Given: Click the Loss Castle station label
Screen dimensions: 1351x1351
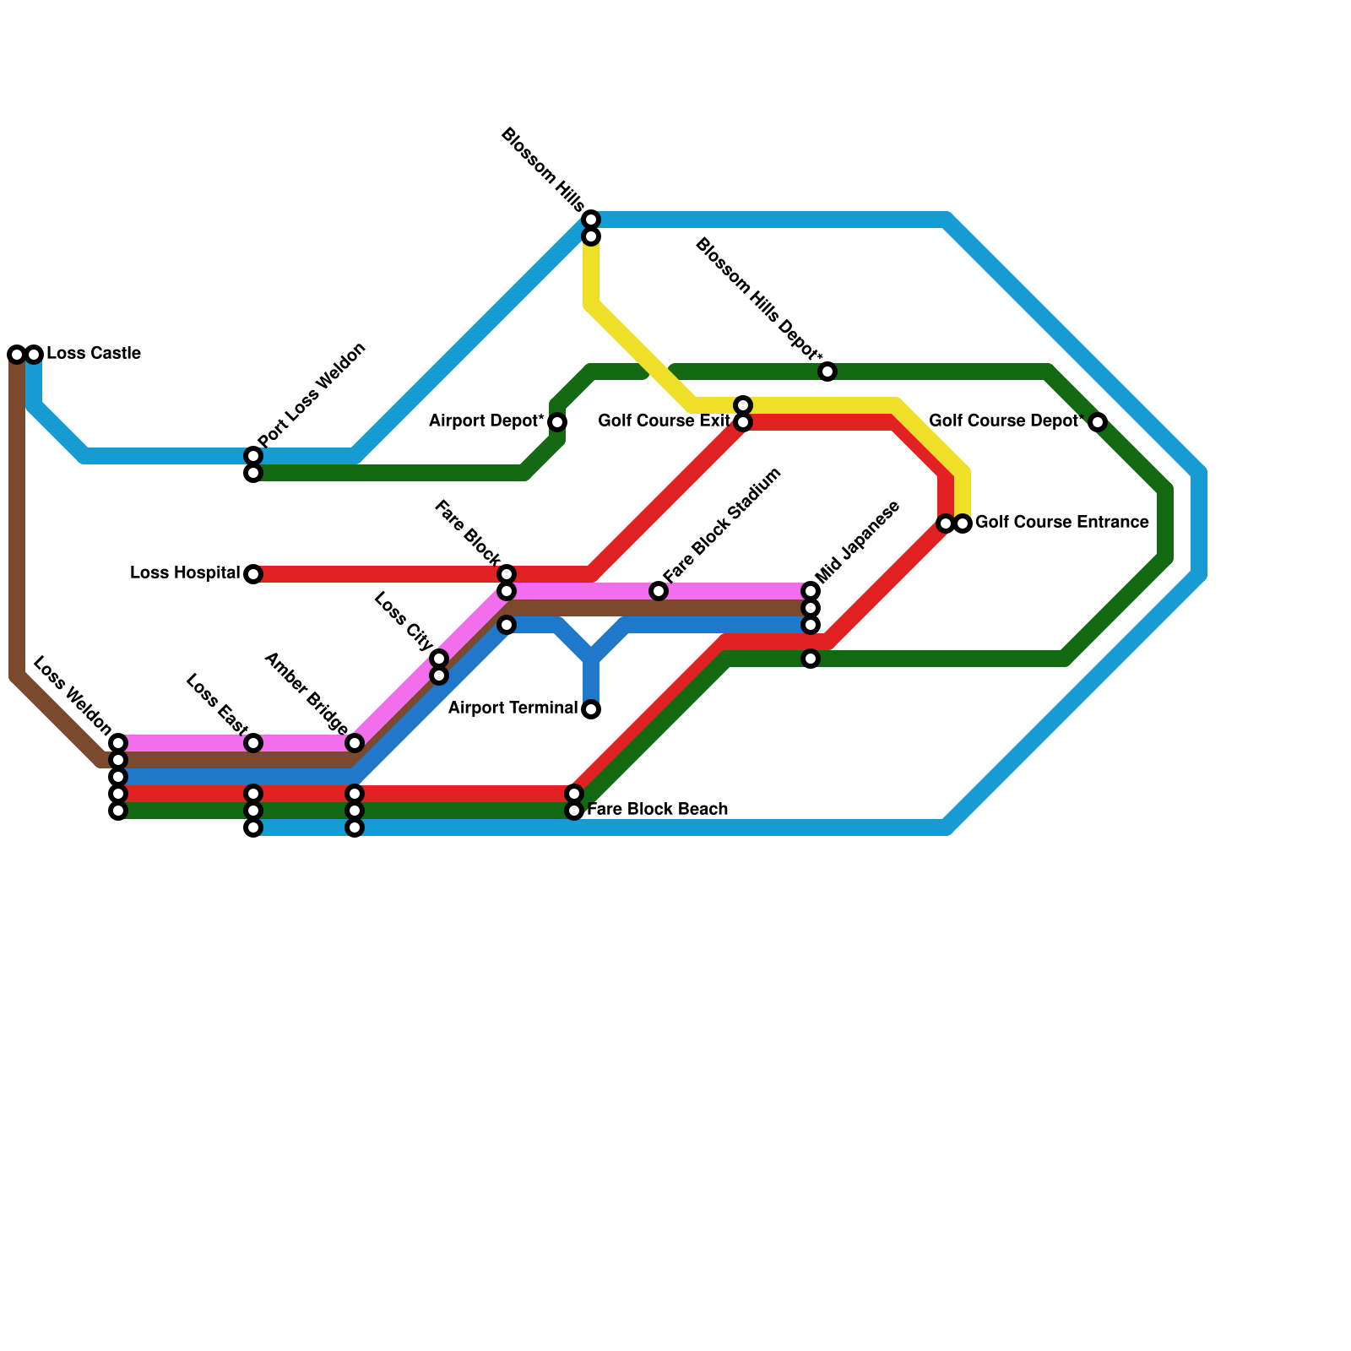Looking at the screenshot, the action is pos(93,354).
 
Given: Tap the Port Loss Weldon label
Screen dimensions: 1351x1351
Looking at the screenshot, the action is pos(312,395).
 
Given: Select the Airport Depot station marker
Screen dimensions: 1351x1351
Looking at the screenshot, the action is pos(557,422).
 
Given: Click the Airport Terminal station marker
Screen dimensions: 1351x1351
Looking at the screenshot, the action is pos(591,709).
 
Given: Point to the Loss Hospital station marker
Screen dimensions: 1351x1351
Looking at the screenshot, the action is pos(253,575).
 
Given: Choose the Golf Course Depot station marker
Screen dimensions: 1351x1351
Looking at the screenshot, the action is pos(1098,422).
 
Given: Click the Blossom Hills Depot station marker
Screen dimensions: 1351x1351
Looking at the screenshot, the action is pos(827,372).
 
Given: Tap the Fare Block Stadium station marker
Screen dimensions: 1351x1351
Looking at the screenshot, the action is pos(659,591).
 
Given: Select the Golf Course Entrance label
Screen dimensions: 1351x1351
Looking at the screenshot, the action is pos(1061,523).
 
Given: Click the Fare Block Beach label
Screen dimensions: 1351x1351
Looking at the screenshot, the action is pos(657,810).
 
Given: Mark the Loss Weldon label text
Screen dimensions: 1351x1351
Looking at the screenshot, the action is pos(72,693).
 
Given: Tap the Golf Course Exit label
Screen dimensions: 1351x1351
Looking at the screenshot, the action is pos(664,421).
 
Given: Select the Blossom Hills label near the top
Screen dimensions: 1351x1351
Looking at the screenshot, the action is pos(542,170).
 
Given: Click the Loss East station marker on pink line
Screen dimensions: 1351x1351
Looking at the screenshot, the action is pos(253,743).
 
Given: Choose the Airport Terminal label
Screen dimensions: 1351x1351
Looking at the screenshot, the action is pos(513,708).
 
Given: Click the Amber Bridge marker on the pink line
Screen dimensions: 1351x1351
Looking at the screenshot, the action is pos(355,743).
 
